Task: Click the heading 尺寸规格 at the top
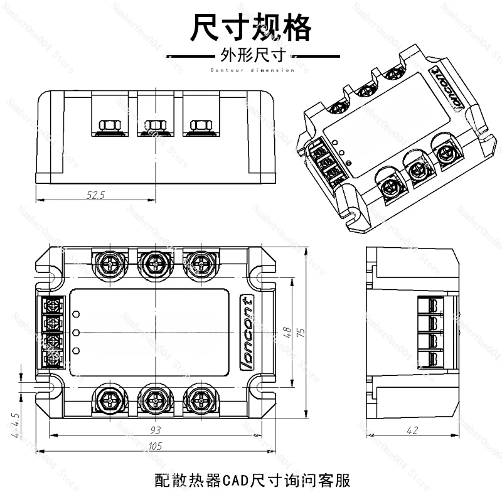(251, 28)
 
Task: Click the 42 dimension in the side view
(412, 430)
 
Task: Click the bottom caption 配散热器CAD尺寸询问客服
(251, 481)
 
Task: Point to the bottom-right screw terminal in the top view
(201, 400)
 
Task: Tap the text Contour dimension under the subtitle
(251, 70)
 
